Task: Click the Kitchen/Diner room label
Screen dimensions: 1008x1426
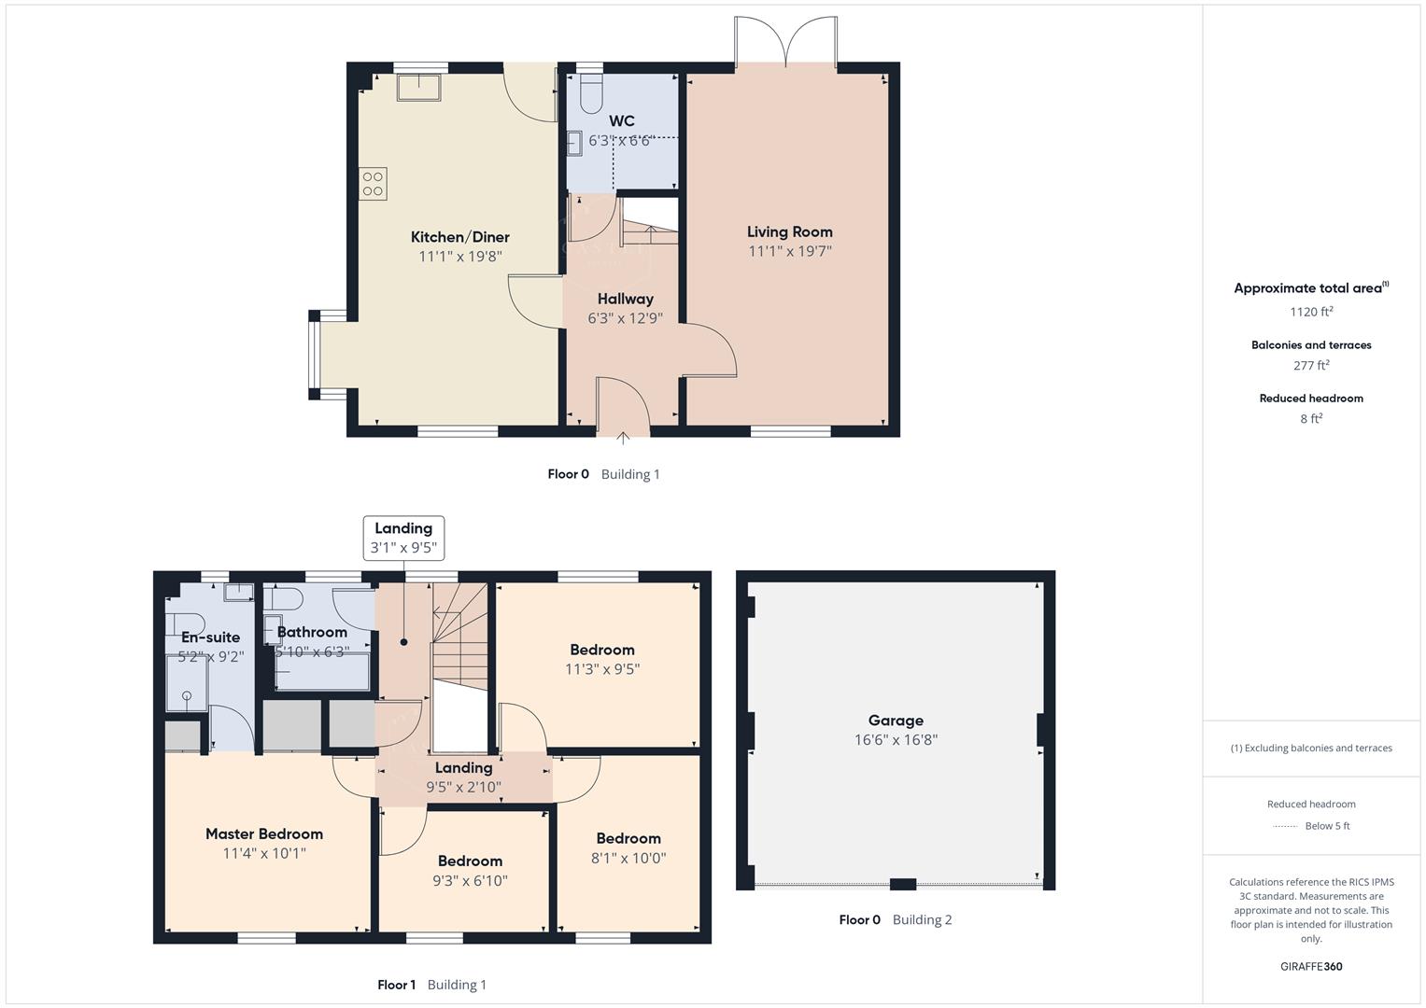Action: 459,237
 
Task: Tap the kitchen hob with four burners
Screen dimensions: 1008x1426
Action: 373,184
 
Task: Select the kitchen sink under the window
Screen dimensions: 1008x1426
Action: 419,87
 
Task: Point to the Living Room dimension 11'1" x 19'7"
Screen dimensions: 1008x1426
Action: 789,251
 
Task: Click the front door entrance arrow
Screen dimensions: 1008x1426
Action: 623,436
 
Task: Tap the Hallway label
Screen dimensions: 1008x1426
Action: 625,299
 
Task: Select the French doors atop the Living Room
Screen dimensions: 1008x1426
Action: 785,43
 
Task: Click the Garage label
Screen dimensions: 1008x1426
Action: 896,720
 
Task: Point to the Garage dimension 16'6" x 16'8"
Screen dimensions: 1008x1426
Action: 896,740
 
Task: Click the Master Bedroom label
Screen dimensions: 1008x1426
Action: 264,833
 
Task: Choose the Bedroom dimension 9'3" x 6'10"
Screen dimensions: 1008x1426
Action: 470,880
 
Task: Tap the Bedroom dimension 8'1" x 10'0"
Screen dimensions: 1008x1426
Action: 628,858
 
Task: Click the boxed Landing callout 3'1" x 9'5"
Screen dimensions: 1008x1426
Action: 403,539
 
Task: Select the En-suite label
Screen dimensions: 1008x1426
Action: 210,637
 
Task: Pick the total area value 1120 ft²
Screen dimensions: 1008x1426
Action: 1311,312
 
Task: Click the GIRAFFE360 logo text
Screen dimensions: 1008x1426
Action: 1311,966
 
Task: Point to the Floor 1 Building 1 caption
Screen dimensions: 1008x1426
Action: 431,985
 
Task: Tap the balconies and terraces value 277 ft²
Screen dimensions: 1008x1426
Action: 1311,365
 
